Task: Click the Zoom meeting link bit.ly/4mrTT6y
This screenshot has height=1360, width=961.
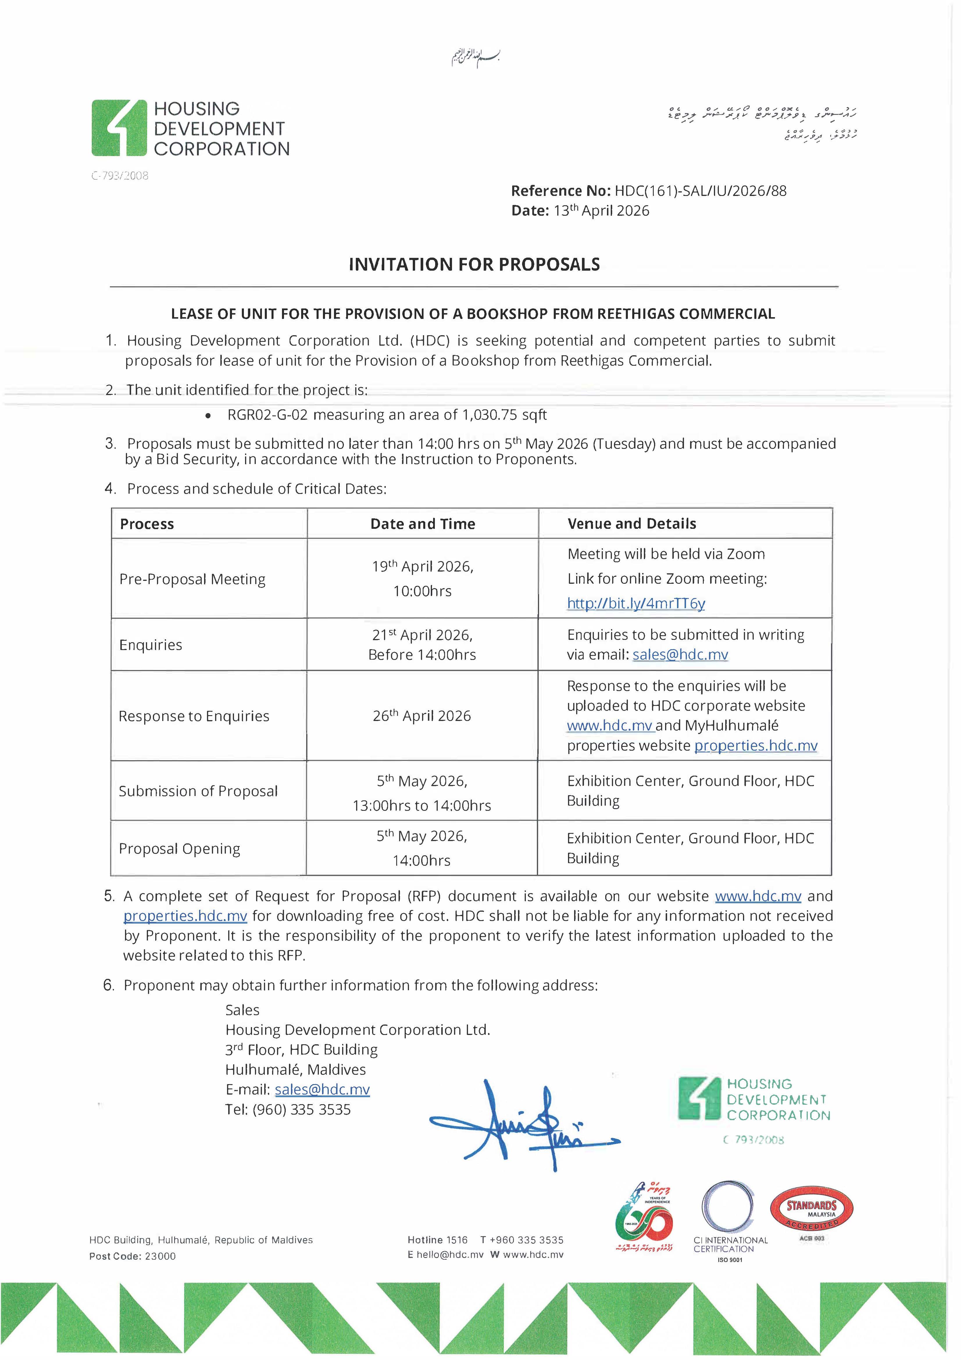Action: click(x=636, y=604)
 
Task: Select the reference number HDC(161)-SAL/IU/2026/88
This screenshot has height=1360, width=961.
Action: click(x=701, y=191)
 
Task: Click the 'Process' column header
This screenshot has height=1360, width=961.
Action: click(x=147, y=524)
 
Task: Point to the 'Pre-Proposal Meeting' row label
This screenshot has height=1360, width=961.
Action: click(x=192, y=579)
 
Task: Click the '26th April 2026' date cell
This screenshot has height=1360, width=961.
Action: click(x=421, y=716)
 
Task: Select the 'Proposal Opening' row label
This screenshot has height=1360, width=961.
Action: click(x=179, y=849)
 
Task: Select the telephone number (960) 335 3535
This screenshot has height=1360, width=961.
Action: click(x=301, y=1109)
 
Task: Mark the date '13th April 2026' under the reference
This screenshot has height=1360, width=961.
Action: click(x=601, y=211)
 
